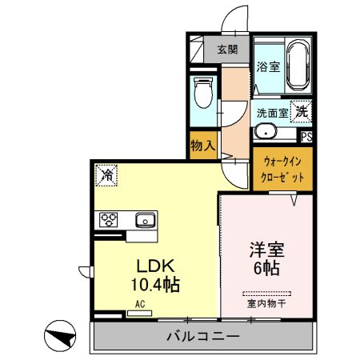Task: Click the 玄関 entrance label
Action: tap(227, 48)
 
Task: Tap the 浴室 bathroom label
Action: tap(268, 66)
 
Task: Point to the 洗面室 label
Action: tap(272, 113)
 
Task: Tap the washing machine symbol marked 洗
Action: tap(302, 111)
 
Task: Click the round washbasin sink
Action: tap(265, 133)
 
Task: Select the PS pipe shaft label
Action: tap(306, 135)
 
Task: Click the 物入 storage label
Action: tap(203, 146)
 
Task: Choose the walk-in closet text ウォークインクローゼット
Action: tap(282, 170)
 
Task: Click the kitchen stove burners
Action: tap(109, 218)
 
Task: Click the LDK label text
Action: tap(149, 266)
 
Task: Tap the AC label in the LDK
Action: tap(139, 304)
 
